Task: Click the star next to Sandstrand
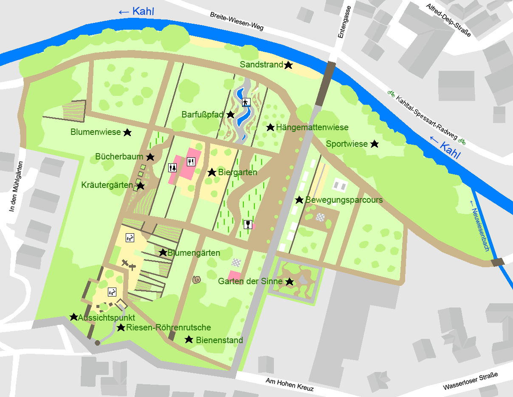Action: point(288,65)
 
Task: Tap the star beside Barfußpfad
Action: point(231,115)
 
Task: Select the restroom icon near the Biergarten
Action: point(172,168)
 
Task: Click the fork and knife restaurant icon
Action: point(191,161)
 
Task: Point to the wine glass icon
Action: point(248,224)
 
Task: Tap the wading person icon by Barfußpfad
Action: point(246,102)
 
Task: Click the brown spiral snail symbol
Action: point(197,280)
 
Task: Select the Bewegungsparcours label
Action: point(344,200)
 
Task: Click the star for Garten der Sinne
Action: point(290,282)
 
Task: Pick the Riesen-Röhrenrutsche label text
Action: point(169,327)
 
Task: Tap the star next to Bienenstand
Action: point(189,339)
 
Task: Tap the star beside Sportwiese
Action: point(374,144)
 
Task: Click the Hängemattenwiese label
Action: point(312,127)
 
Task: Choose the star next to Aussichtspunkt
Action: point(74,317)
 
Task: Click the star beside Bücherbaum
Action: point(150,157)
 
